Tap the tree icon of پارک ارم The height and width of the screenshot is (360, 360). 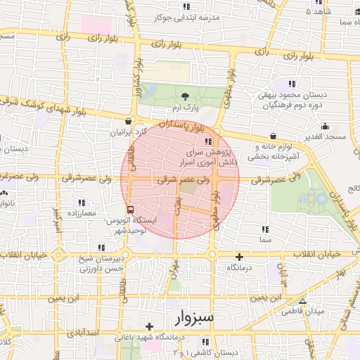185,97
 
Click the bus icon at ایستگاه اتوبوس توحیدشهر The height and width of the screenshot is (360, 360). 129,210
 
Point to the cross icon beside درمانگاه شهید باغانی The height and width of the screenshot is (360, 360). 149,326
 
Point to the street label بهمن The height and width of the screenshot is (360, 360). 179,209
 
